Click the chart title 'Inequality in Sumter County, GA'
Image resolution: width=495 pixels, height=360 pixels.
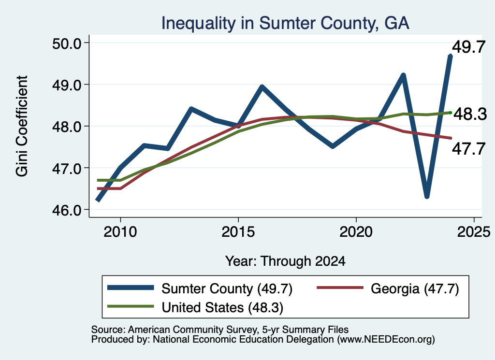285,23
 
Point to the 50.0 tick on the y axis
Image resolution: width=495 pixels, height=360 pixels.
66,43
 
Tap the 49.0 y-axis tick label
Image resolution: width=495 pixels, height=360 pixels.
66,85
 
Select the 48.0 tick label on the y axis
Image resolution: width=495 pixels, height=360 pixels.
66,127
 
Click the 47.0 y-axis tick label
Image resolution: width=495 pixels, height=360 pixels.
66,168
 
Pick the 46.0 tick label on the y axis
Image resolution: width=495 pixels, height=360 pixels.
66,210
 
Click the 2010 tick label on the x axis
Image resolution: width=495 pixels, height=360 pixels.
120,232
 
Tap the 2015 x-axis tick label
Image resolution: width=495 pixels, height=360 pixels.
238,232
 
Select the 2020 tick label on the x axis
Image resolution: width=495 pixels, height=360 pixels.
356,232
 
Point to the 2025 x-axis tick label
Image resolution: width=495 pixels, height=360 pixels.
474,232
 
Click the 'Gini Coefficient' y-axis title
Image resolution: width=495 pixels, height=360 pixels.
22,126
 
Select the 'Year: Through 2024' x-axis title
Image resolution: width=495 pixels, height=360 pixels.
285,261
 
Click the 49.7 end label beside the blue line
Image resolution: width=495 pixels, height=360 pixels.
469,47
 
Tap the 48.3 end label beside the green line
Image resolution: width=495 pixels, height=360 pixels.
470,114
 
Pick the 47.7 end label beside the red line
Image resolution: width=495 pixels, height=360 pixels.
469,149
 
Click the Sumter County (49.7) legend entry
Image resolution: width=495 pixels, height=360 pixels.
200,288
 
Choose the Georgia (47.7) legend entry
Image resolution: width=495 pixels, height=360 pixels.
388,288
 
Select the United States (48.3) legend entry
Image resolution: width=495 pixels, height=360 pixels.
195,307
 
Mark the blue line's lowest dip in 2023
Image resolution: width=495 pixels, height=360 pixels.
427,197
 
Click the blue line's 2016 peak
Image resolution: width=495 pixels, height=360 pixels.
262,87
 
